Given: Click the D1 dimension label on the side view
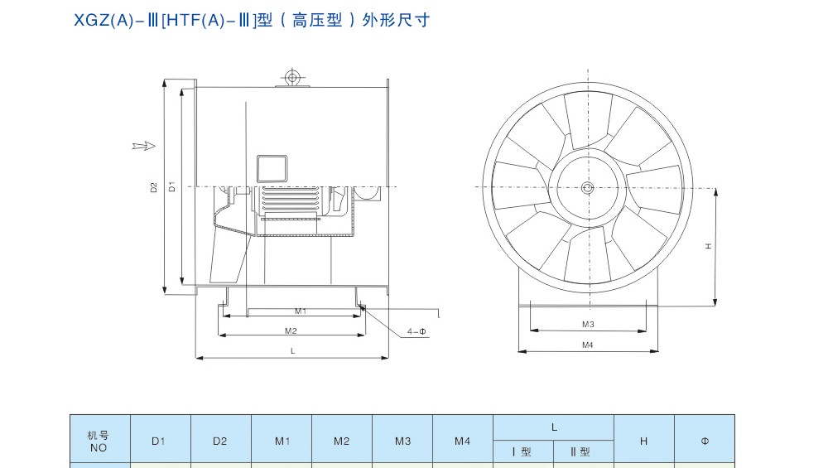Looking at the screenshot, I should [172, 186].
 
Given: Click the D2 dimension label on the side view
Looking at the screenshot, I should [154, 187].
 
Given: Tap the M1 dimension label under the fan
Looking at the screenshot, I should [301, 311].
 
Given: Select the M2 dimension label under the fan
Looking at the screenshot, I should [291, 330].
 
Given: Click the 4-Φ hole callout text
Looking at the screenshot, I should [416, 331].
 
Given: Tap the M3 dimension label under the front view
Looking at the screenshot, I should [588, 324].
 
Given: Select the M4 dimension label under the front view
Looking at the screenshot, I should [588, 345].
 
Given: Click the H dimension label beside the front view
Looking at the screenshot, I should [709, 246].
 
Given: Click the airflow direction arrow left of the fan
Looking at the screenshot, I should [144, 147].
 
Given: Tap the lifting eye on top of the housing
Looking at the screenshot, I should [291, 78].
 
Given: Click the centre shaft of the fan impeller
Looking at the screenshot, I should [587, 188].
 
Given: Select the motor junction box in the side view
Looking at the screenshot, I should [271, 168].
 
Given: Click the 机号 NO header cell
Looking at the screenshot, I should [99, 441].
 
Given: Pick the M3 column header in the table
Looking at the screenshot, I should [402, 441].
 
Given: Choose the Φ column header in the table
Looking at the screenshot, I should [705, 441].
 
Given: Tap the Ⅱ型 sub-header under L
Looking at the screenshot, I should [583, 451].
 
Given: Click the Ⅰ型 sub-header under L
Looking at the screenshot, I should [522, 451].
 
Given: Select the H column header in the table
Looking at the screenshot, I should [643, 441].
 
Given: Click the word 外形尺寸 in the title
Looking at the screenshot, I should [403, 20].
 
